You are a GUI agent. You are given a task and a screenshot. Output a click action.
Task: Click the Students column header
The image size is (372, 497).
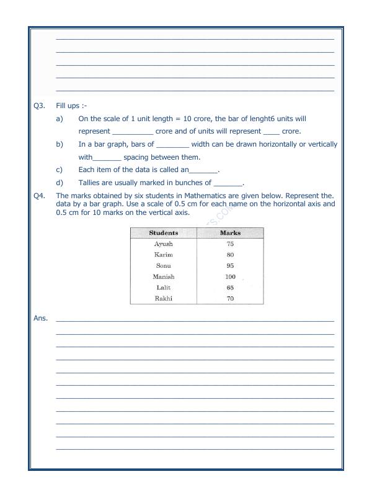click(164, 233)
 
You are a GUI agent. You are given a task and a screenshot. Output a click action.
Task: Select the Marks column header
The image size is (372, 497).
click(230, 233)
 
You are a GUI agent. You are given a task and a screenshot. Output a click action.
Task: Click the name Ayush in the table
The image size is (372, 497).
click(164, 244)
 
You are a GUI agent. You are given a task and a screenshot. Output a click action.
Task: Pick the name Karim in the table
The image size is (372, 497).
click(164, 255)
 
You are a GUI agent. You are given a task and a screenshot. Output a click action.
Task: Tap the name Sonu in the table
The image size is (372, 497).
click(164, 266)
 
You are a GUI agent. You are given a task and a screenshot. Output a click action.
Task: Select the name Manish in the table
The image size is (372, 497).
click(164, 276)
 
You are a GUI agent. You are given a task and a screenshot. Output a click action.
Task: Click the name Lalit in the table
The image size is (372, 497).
click(164, 288)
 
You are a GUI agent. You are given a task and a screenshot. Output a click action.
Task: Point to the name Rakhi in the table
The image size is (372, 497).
click(164, 298)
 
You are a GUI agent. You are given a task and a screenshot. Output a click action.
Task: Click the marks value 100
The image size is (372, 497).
click(230, 276)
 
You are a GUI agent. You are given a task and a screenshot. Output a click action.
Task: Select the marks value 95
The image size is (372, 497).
click(230, 266)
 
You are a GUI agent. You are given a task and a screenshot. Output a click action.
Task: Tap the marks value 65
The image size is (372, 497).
click(230, 288)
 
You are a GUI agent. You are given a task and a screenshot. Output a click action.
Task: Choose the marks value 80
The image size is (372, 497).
click(230, 255)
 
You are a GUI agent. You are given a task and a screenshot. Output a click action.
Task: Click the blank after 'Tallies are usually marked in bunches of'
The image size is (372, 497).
click(228, 184)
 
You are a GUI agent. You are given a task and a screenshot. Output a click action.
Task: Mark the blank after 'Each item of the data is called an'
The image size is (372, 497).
click(203, 171)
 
